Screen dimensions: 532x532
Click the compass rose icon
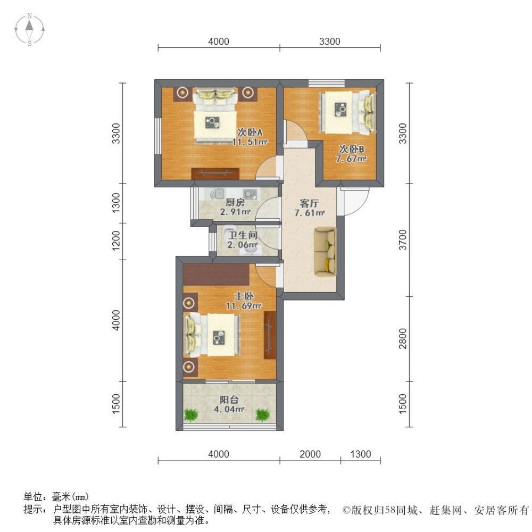[29, 29]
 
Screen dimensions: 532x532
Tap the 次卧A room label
[250, 132]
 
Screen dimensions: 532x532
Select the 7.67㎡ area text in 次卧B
[351, 159]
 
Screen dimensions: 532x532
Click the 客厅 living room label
[309, 204]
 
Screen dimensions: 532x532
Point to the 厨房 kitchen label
[235, 203]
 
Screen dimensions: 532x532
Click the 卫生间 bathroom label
[243, 235]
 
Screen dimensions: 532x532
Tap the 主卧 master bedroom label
[244, 296]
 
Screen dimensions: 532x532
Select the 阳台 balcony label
[229, 400]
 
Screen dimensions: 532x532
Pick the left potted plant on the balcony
[192, 414]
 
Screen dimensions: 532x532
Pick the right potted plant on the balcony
[262, 414]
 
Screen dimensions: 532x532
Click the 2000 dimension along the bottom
[310, 454]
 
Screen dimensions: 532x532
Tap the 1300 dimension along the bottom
[360, 454]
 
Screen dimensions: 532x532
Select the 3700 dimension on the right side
[402, 240]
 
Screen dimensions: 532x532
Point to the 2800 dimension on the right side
[402, 338]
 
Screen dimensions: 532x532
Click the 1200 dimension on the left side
[116, 240]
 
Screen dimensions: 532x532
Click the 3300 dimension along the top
[330, 41]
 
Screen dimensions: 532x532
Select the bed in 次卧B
[347, 112]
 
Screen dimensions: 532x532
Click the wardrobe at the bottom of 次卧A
[215, 173]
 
